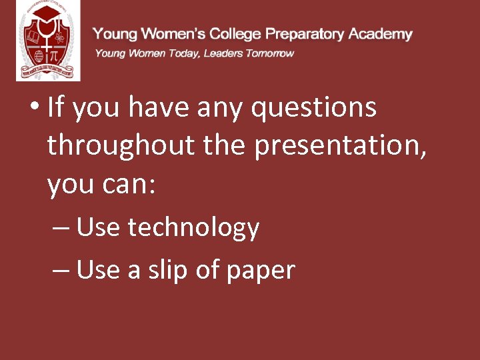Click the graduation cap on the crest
[x=47, y=13]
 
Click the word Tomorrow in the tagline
[x=269, y=53]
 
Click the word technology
[x=193, y=228]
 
